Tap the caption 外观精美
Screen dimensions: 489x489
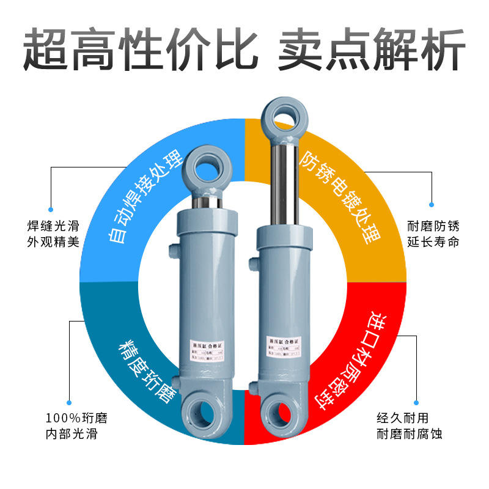(53, 241)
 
